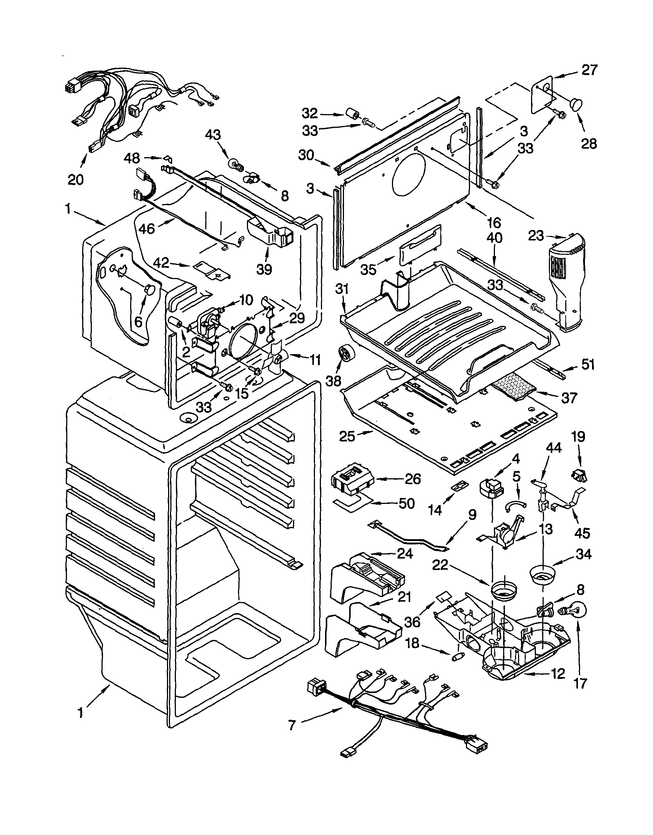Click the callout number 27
[x=589, y=71]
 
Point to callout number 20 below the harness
[x=75, y=179]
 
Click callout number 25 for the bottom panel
[x=348, y=436]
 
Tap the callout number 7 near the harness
[x=292, y=725]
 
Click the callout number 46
[x=147, y=229]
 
